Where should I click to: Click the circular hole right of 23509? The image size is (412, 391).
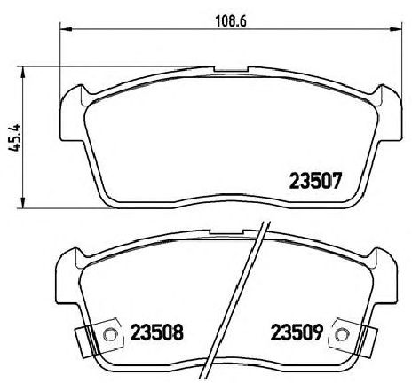(342, 335)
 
